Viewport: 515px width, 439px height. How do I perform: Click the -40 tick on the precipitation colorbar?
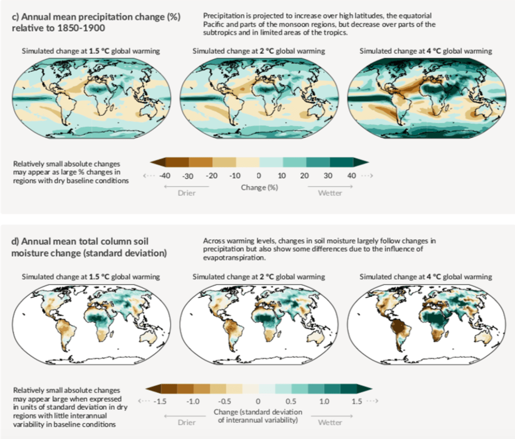(x=164, y=175)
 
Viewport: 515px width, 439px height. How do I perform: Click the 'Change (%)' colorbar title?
(x=260, y=187)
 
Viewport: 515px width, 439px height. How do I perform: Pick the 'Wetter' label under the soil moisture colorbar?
(x=329, y=422)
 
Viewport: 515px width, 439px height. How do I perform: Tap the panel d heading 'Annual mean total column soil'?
(x=80, y=241)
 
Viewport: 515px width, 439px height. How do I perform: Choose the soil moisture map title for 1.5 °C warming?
(x=91, y=277)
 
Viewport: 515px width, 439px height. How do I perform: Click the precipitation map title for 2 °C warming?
(x=259, y=51)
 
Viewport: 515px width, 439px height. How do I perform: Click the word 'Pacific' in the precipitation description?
(x=217, y=24)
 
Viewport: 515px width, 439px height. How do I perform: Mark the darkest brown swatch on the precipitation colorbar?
(x=176, y=162)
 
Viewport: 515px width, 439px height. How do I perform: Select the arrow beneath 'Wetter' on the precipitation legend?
(x=329, y=187)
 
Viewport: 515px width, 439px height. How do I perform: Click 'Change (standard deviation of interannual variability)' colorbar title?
(x=260, y=416)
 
